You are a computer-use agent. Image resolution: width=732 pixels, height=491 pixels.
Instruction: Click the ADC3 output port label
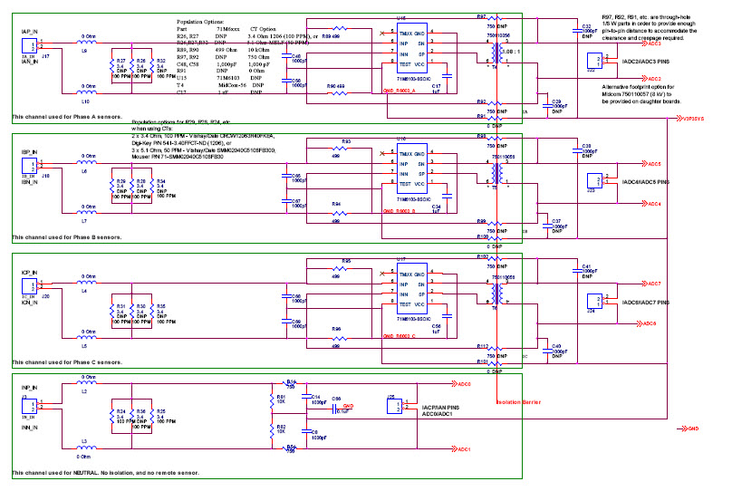click(x=653, y=18)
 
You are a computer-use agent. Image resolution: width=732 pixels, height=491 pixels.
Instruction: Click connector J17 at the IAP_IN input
click(x=31, y=44)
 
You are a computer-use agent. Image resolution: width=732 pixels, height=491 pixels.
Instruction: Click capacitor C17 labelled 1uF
click(x=436, y=88)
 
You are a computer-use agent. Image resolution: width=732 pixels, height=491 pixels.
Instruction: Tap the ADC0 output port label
click(x=463, y=385)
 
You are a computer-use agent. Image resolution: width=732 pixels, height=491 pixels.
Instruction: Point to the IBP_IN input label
click(x=27, y=150)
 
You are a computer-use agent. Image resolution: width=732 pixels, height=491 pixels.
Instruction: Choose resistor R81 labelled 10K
click(x=283, y=399)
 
